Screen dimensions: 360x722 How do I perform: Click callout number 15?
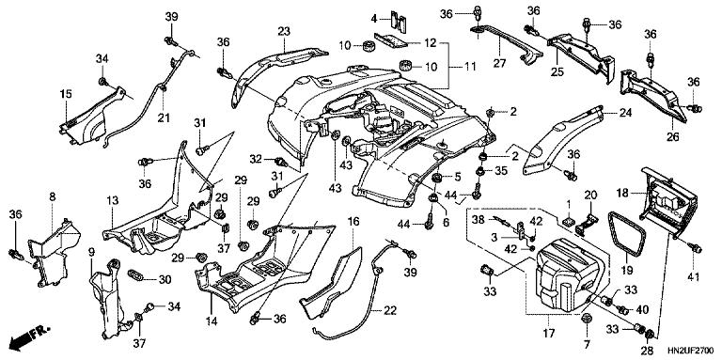67,93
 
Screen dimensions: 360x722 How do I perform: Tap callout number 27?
499,65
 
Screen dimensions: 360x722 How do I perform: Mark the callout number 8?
53,196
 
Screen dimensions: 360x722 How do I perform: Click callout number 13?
111,201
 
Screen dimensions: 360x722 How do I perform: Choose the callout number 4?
372,19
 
